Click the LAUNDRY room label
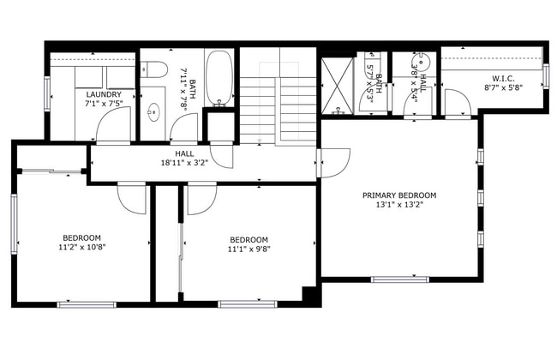tap(104, 94)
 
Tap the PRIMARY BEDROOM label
tap(399, 195)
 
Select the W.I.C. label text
tap(503, 79)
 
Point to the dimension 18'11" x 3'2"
tap(184, 163)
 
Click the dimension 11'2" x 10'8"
tap(82, 247)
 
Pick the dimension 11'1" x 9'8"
tap(249, 249)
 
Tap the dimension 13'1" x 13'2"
tap(399, 205)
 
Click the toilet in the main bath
tap(153, 69)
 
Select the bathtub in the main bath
tap(219, 78)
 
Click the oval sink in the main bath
tap(153, 112)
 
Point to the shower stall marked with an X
tap(338, 86)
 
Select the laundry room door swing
tap(113, 124)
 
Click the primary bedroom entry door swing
tap(335, 163)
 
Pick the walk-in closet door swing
tap(458, 102)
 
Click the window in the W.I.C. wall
tap(546, 75)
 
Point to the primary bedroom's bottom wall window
tap(400, 279)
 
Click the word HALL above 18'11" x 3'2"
tap(184, 154)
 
